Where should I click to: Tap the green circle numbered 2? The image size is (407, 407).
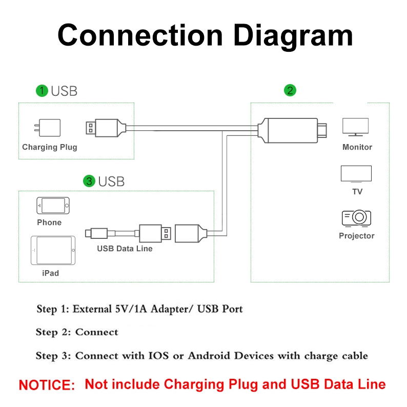click(x=290, y=91)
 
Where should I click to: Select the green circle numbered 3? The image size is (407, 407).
click(x=90, y=181)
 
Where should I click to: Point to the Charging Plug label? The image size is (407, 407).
click(x=49, y=147)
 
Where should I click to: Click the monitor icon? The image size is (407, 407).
click(x=355, y=127)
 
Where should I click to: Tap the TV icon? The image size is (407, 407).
click(x=356, y=174)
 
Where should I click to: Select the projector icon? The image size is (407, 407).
click(x=356, y=218)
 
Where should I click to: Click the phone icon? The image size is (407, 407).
click(x=52, y=206)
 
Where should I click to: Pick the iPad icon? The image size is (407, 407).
click(x=52, y=251)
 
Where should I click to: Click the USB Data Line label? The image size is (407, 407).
click(x=125, y=249)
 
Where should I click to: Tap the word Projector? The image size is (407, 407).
click(x=356, y=236)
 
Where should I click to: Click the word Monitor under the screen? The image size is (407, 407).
click(x=357, y=147)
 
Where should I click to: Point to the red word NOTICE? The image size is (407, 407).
click(x=47, y=384)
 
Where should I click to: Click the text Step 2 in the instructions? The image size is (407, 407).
click(x=53, y=332)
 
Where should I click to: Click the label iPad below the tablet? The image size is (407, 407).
click(x=50, y=273)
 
